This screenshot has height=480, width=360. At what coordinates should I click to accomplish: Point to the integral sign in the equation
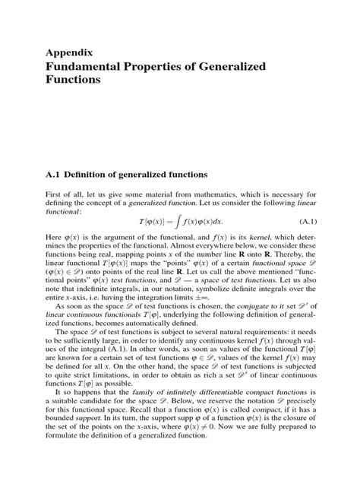(x=173, y=221)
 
